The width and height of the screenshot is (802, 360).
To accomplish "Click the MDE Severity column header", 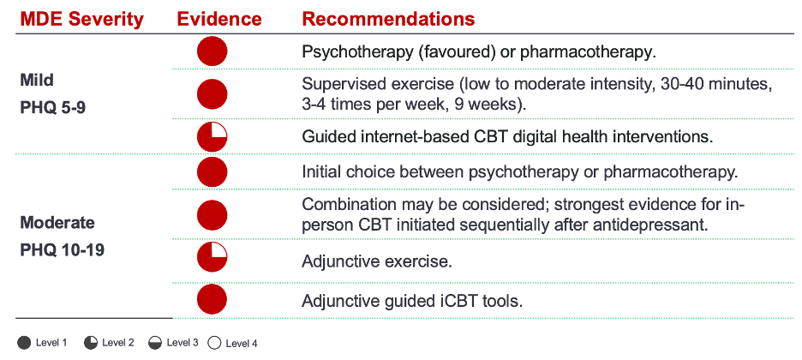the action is coord(82,20).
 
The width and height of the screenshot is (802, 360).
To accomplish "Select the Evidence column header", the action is coord(219,20).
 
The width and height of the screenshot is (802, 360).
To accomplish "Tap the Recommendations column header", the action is coord(389,20).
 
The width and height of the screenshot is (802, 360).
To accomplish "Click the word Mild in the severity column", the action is coord(37,81).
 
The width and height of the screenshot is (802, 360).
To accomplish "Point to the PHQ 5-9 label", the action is coord(52,108).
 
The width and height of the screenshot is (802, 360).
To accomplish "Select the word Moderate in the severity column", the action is coord(57,223).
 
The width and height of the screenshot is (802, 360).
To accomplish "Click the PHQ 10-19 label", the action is coord(62,250).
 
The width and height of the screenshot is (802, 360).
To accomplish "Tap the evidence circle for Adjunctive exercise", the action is coord(212,257).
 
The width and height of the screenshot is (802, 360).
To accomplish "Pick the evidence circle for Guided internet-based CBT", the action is coord(212,136).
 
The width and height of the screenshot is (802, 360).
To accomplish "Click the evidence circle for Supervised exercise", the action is coord(212,94).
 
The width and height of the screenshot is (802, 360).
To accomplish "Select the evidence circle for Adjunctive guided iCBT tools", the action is coord(212,299).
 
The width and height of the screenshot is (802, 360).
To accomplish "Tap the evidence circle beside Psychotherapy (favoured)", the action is coord(212,51).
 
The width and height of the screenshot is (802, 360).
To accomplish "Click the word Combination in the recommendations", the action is coord(344,205).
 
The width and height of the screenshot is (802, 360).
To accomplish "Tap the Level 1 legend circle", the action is coord(24,343).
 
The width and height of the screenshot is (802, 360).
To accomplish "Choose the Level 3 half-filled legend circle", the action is coord(155,343).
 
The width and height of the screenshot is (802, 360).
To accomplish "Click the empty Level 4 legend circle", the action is coord(214,343).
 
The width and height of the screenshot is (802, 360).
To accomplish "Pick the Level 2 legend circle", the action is coord(91,343).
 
